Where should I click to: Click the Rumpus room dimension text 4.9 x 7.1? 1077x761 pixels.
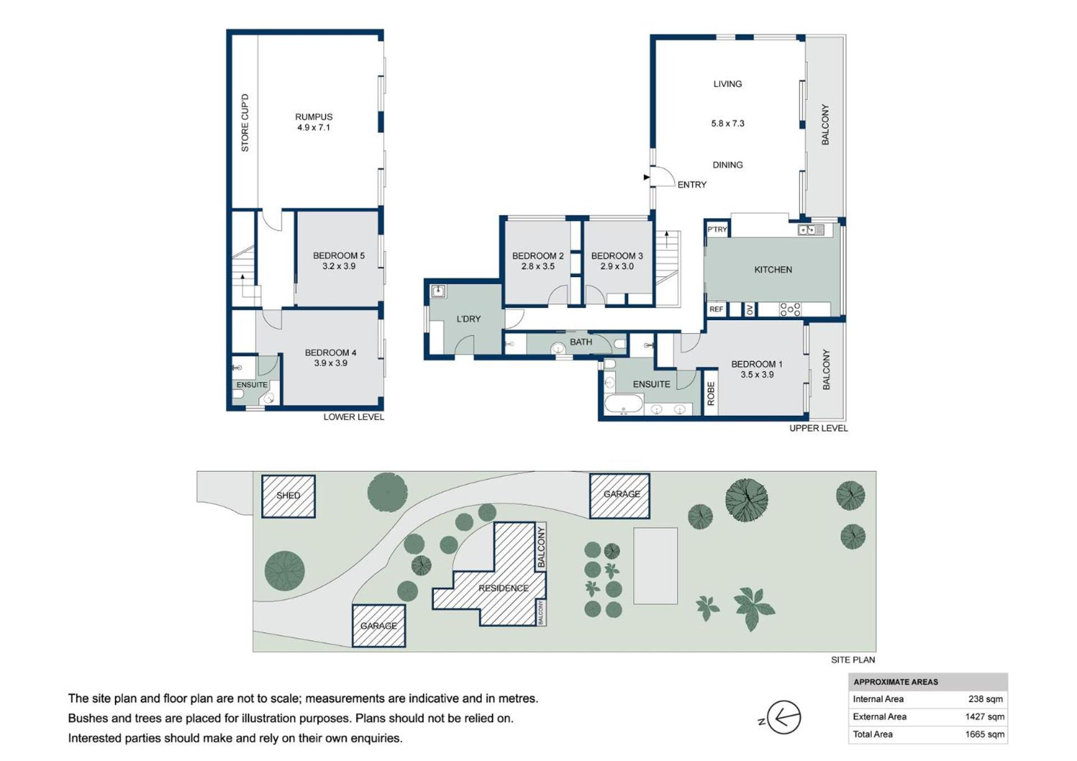coord(314,127)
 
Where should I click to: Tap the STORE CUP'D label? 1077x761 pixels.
coord(245,123)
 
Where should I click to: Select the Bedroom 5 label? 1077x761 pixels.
coord(339,256)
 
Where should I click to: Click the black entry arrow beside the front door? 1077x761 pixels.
coord(647,177)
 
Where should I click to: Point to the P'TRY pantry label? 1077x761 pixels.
coord(717,229)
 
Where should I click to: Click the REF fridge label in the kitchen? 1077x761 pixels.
coord(716,309)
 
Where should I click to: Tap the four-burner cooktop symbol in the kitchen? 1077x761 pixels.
coord(790,309)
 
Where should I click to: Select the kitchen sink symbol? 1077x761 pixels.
coord(811,229)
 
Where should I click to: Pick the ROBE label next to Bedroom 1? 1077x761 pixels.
coord(711,394)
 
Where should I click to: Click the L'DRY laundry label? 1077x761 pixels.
coord(468,319)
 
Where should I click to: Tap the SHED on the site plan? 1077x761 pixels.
coord(288,496)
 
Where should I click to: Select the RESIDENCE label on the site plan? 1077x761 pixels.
coord(503,588)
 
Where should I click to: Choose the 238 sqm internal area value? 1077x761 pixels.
coord(986,699)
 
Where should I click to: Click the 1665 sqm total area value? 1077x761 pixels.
coord(984,734)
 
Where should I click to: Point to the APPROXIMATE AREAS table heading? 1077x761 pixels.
coord(896,682)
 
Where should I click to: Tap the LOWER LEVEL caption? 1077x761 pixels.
coord(353,417)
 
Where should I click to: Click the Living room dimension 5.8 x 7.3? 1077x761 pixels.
coord(728,123)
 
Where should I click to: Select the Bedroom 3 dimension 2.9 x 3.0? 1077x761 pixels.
coord(617,266)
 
